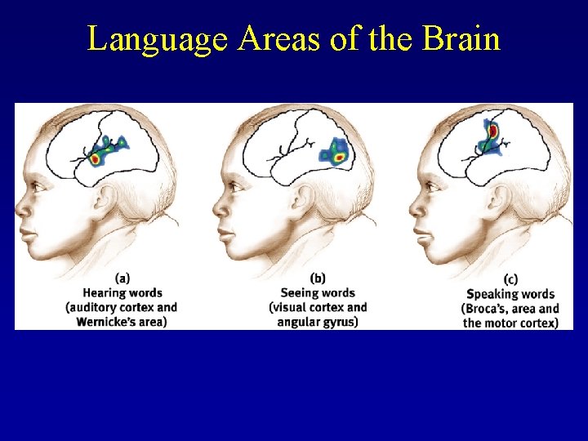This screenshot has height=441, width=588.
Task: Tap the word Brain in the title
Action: tap(461, 38)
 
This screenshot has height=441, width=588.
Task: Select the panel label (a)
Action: tap(122, 278)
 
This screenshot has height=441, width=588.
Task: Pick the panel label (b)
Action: tap(318, 278)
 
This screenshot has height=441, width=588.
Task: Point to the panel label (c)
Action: tap(511, 278)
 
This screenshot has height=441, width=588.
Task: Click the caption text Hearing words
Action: tap(122, 292)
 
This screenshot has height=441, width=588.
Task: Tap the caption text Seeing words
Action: tap(318, 292)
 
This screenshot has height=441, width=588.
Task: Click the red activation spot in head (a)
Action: tap(96, 158)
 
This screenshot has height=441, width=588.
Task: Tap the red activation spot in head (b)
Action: tap(338, 156)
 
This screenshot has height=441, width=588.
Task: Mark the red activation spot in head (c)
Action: tap(493, 131)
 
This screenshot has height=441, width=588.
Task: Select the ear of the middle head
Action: tap(305, 197)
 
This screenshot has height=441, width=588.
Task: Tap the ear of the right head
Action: tap(501, 197)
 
